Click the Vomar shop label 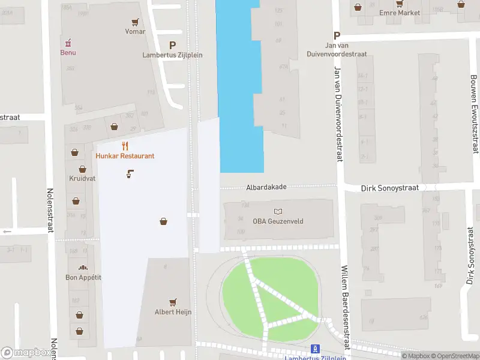(135, 31)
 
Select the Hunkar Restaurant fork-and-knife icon (125, 146)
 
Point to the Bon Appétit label (83, 277)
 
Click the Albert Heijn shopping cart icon (173, 302)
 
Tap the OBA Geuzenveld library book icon (278, 211)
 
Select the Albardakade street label (266, 187)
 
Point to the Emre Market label (400, 13)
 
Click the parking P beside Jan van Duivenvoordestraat (337, 35)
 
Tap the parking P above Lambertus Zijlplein (173, 45)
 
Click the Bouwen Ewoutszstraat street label (474, 114)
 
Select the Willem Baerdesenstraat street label (345, 308)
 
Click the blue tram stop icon (315, 349)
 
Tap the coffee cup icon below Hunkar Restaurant (130, 175)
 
